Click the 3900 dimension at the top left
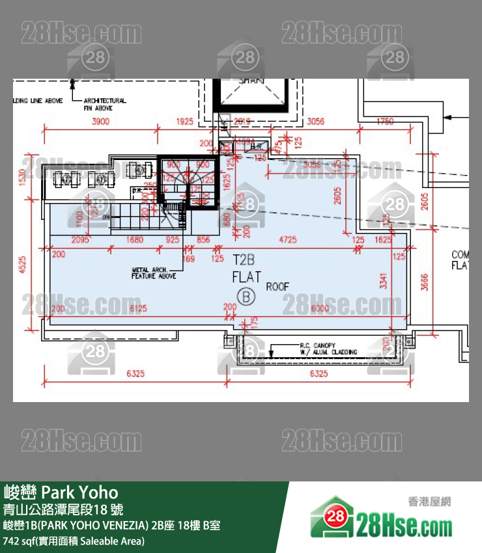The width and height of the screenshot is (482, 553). click(101, 122)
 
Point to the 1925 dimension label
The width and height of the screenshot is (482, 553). click(185, 122)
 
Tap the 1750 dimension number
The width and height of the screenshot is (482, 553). click(386, 122)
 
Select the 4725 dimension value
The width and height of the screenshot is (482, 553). click(287, 240)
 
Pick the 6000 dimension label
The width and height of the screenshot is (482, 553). click(319, 308)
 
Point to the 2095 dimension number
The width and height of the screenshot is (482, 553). click(81, 240)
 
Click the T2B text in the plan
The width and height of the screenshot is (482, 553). click(245, 260)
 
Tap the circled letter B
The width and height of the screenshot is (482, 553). click(246, 296)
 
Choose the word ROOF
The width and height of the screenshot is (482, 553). click(277, 286)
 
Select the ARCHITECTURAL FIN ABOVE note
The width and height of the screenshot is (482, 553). click(104, 104)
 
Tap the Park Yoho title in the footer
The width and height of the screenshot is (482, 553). click(61, 492)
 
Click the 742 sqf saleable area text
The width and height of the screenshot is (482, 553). click(74, 541)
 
